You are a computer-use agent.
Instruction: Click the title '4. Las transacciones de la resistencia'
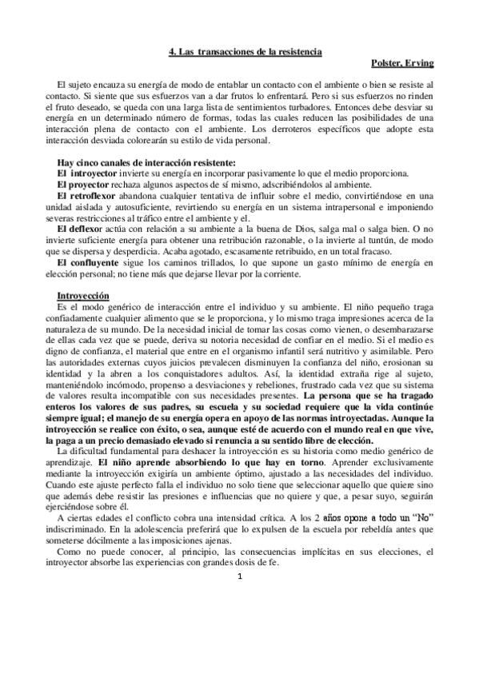(245, 51)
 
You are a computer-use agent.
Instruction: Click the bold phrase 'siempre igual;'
(75, 429)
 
